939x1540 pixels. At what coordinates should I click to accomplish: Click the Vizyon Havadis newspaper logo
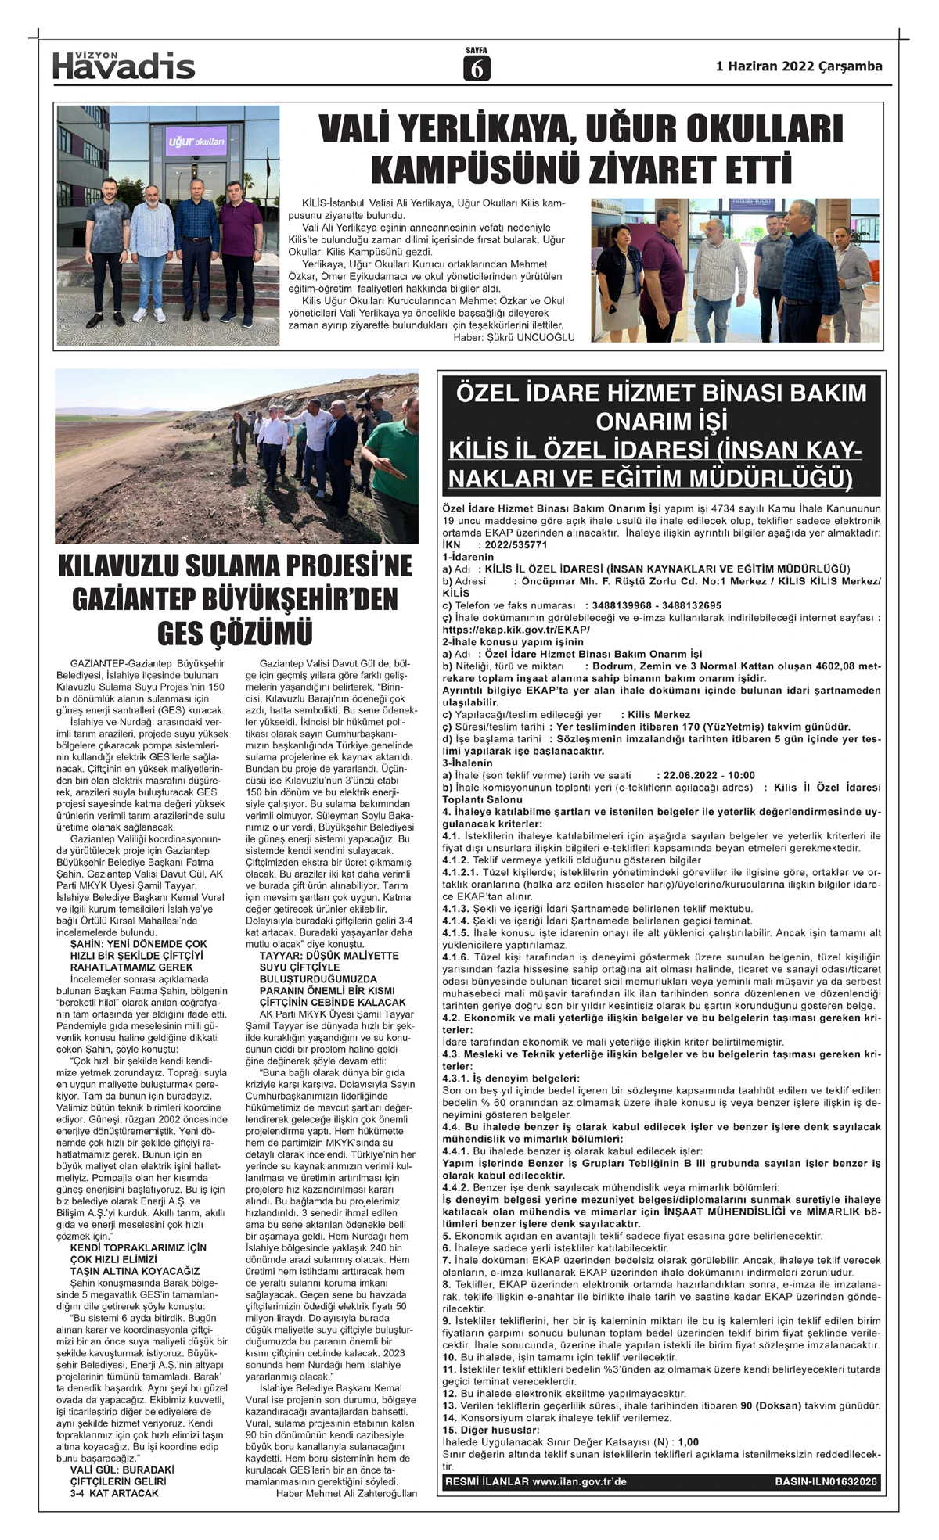pos(124,66)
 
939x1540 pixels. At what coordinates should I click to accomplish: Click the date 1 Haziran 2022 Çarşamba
pos(799,66)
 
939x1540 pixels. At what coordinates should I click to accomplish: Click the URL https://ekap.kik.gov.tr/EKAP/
pos(516,630)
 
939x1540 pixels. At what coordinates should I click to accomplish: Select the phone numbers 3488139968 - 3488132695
pos(657,605)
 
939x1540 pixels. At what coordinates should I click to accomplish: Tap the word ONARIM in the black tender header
pos(640,422)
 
